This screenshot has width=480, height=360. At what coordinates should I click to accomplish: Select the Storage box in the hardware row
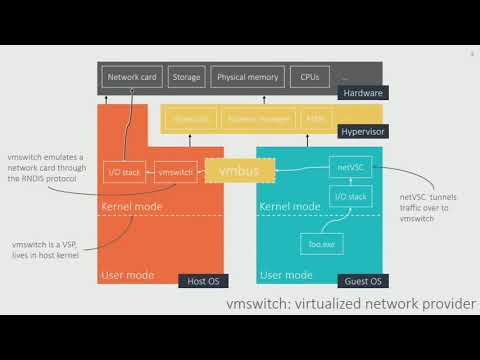pyautogui.click(x=187, y=76)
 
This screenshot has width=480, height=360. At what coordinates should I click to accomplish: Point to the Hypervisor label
pyautogui.click(x=362, y=131)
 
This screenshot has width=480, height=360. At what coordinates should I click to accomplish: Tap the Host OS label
pyautogui.click(x=202, y=282)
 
